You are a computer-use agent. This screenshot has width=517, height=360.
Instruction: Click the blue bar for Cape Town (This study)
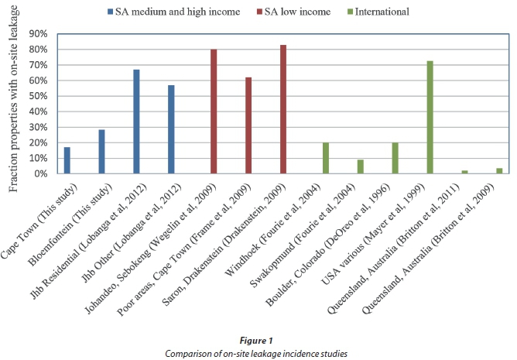coord(67,160)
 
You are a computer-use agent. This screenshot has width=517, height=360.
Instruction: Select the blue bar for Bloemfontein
coord(101,152)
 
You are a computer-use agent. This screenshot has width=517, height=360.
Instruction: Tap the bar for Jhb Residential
coord(136,122)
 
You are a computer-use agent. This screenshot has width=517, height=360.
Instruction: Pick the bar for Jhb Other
coord(171,129)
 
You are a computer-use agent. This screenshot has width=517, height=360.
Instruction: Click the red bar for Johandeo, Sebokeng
coord(214,111)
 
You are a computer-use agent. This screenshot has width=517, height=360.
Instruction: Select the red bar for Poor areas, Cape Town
coord(248,125)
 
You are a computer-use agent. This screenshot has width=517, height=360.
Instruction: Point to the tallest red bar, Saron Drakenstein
coord(283,109)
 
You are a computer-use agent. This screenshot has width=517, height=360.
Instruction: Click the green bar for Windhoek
coord(326,159)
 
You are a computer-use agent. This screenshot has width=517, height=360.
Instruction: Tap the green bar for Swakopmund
coord(361,166)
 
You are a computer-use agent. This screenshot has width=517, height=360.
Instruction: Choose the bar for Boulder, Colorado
coord(395,159)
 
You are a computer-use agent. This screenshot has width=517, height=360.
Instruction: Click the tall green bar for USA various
coord(430,117)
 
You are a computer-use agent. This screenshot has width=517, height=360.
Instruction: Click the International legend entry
coord(384,11)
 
